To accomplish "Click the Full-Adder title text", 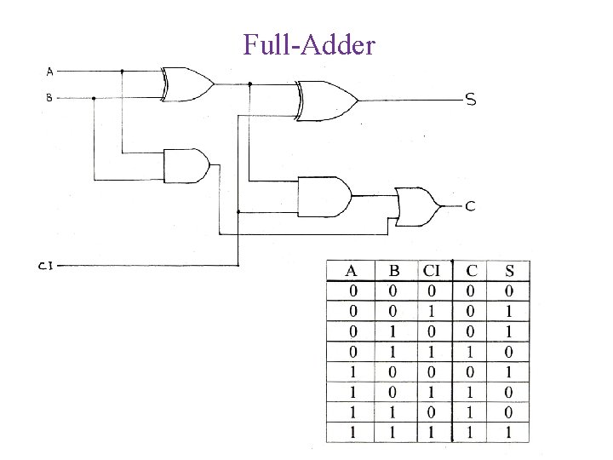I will (x=308, y=44).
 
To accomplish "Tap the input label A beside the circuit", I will (x=49, y=72).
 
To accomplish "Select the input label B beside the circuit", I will (x=49, y=98).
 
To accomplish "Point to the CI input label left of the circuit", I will (x=46, y=266).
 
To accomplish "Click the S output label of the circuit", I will (x=470, y=100).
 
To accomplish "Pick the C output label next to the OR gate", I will (x=470, y=206).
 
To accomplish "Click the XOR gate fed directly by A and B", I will (x=186, y=83).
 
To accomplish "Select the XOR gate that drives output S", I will (x=325, y=100).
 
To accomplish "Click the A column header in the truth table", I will (x=352, y=273).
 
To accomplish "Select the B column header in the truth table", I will (x=393, y=273).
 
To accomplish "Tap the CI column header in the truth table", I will (x=432, y=273).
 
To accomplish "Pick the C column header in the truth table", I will (x=471, y=273).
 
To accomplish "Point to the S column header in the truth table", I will (x=508, y=273).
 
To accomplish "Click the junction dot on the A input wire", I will (x=123, y=72).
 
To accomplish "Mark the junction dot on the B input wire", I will (x=94, y=98).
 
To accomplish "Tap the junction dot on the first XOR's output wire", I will (x=249, y=84).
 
